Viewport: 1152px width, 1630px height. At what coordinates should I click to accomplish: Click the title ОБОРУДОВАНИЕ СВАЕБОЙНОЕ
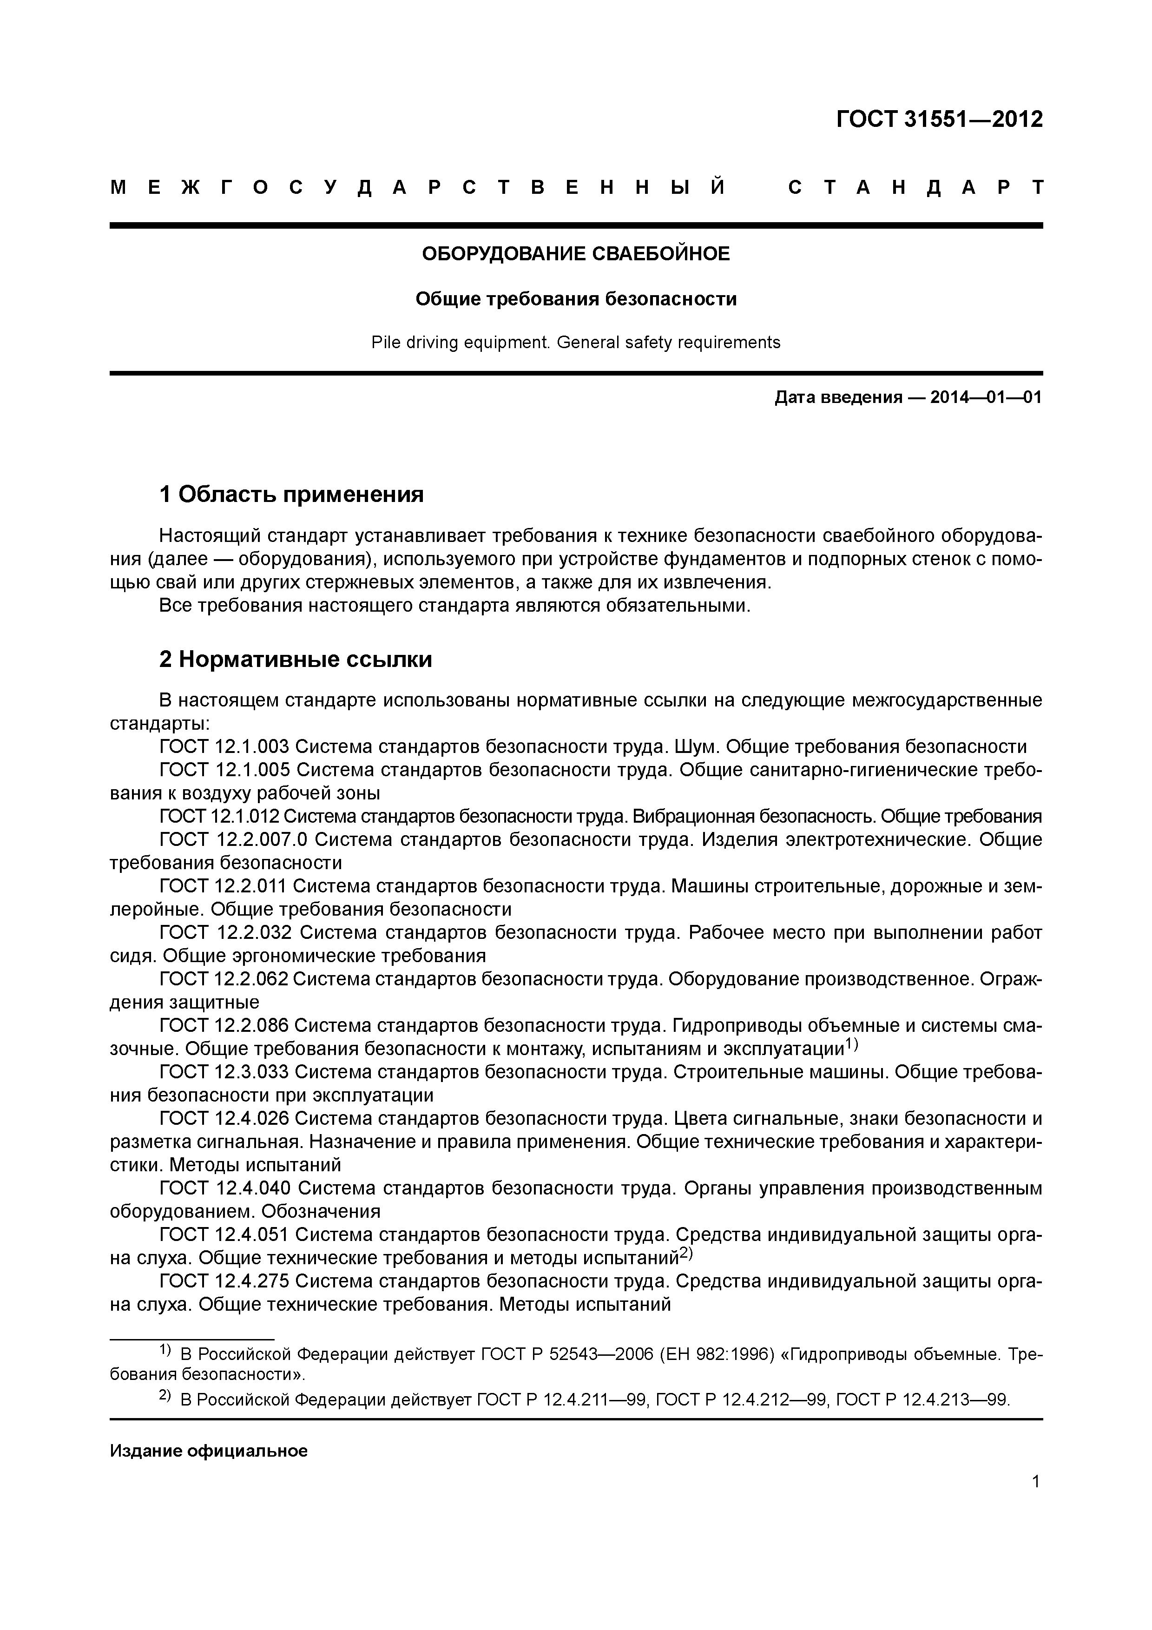[576, 253]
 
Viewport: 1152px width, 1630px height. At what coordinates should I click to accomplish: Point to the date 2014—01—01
[985, 397]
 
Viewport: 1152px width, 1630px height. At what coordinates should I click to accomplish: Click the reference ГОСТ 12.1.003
[224, 747]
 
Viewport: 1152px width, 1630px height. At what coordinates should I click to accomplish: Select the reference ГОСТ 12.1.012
[220, 817]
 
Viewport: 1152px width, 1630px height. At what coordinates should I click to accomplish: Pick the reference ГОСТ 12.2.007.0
[234, 840]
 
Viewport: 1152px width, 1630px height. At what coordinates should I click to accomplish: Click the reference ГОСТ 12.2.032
[224, 933]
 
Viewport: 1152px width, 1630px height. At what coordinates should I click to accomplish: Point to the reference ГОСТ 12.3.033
[224, 1072]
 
